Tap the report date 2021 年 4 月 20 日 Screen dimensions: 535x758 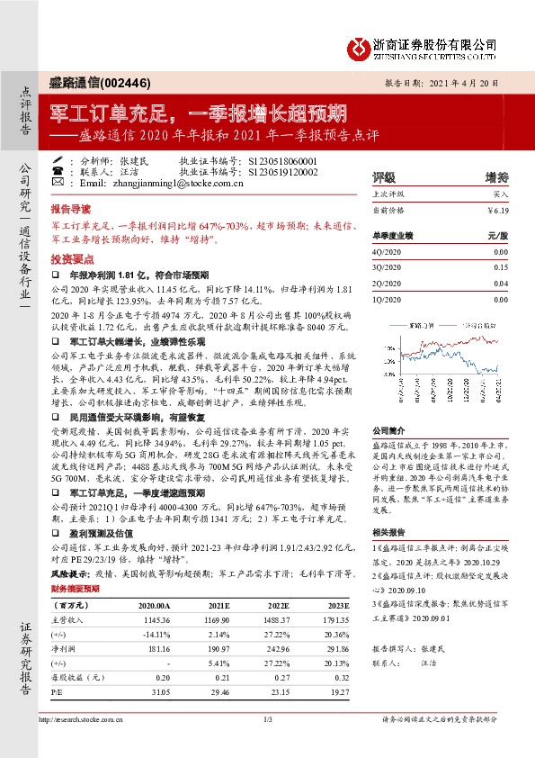pos(459,81)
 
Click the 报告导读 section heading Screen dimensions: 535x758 pos(72,206)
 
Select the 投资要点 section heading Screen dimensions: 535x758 pos(72,257)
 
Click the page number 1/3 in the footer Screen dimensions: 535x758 pos(267,744)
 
